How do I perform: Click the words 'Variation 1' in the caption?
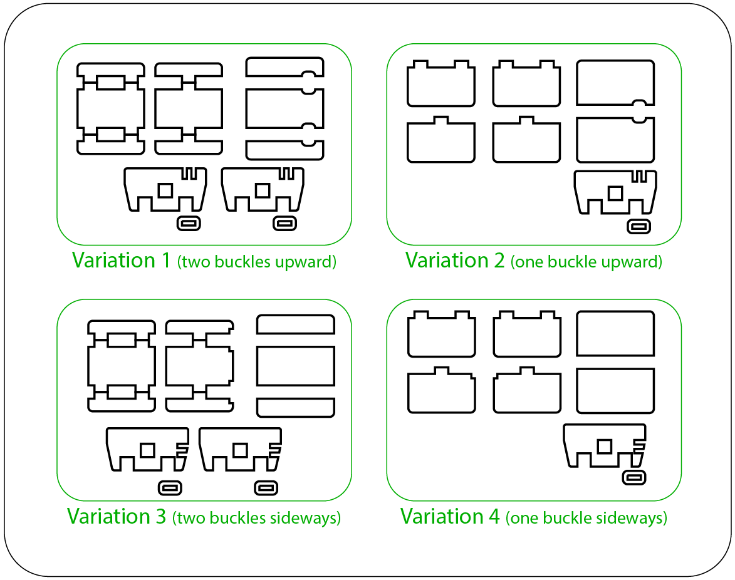pos(121,260)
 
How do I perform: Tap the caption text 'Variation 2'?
pos(454,260)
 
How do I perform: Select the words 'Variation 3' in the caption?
pos(117,516)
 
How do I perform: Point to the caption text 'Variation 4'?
pos(450,516)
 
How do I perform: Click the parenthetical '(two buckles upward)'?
pos(257,262)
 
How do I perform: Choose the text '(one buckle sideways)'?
pos(586,518)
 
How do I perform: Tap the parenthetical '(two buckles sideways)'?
pos(257,518)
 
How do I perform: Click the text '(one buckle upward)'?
pos(586,262)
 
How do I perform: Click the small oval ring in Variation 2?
pos(639,226)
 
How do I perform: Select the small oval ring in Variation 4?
pos(634,478)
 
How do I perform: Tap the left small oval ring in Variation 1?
pos(189,223)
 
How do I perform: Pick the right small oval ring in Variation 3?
pos(266,487)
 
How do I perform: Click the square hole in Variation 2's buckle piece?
pos(616,194)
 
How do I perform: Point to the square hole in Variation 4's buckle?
pos(605,447)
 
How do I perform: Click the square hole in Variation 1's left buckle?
pos(165,190)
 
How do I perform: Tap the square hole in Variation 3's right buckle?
pos(239,450)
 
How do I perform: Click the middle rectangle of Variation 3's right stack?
pos(296,366)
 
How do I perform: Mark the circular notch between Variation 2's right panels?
pos(639,110)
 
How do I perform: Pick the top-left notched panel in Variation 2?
pos(440,85)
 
